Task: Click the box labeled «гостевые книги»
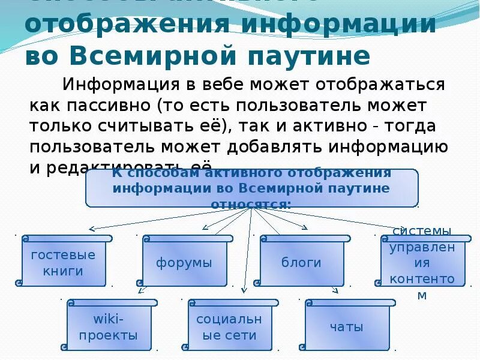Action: pos(63,263)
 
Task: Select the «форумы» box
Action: pos(184,263)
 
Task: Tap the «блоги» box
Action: pos(301,263)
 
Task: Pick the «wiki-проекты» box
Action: pos(108,326)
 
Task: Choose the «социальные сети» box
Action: pos(226,326)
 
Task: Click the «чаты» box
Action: pos(346,326)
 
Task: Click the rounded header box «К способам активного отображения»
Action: pos(251,188)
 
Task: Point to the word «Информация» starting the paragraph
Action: pos(112,83)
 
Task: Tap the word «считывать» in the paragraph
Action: pos(162,127)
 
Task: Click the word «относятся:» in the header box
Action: pos(251,203)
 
